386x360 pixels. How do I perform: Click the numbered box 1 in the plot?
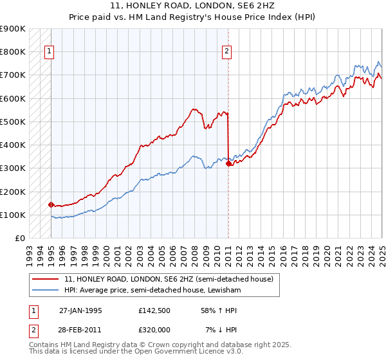50,53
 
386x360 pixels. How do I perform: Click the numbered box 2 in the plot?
228,53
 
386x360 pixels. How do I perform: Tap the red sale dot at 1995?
51,204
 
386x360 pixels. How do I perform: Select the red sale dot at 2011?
228,163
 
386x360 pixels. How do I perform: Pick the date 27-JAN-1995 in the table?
80,310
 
